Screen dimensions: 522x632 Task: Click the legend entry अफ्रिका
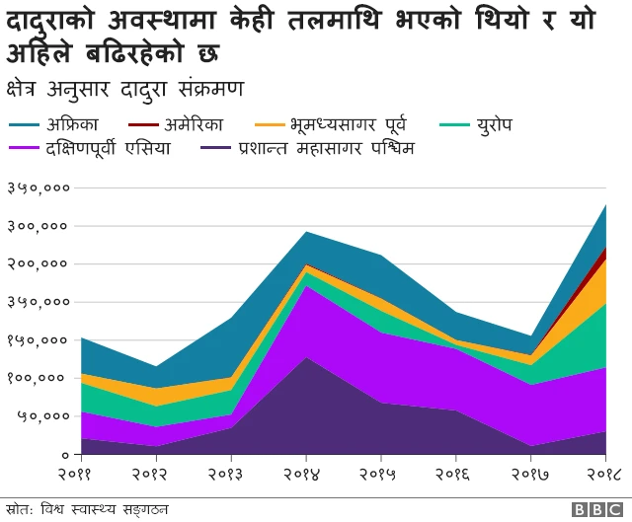(x=70, y=125)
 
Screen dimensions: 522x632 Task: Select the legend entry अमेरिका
(x=193, y=125)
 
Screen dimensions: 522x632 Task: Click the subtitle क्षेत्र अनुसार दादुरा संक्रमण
(x=124, y=87)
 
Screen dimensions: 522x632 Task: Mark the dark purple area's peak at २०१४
(x=306, y=361)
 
